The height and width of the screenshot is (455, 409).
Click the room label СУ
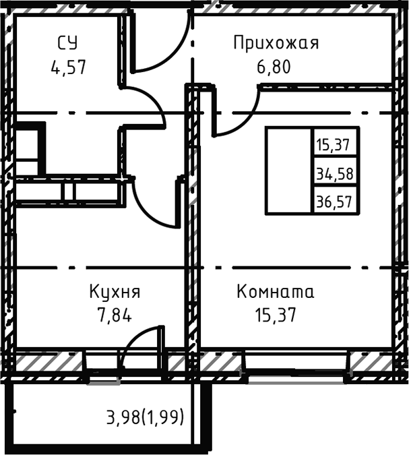point(67,44)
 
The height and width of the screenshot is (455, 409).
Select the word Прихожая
point(276,44)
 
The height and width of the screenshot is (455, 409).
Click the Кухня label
point(115,293)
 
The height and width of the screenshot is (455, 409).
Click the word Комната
point(276,293)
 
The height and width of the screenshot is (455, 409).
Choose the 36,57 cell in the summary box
point(335,200)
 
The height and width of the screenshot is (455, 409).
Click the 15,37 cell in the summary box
point(335,144)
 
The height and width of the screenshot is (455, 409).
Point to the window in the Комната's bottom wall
point(296,368)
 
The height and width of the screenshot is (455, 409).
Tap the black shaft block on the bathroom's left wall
point(30,148)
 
